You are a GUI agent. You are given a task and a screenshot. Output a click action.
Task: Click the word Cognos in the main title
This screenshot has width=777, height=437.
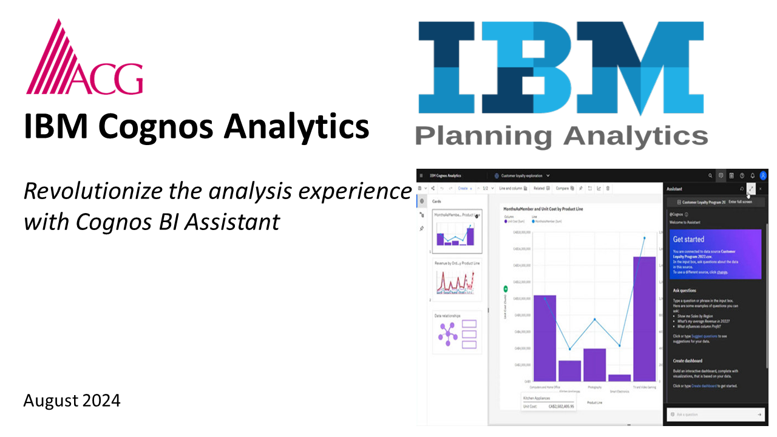point(155,127)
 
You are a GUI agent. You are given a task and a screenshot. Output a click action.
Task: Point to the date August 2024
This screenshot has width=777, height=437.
point(72,401)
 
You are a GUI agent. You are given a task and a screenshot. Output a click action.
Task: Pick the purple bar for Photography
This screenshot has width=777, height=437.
point(594,364)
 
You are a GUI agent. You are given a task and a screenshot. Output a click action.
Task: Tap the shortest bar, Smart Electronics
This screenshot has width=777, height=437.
point(619,378)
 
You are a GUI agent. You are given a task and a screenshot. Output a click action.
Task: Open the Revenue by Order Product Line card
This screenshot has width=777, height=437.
point(457,282)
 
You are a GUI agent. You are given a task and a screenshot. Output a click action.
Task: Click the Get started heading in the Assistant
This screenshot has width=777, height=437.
point(688,239)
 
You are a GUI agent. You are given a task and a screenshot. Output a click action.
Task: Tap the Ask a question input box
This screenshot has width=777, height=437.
point(713,415)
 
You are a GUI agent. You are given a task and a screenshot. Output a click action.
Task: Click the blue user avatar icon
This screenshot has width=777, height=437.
point(763,175)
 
